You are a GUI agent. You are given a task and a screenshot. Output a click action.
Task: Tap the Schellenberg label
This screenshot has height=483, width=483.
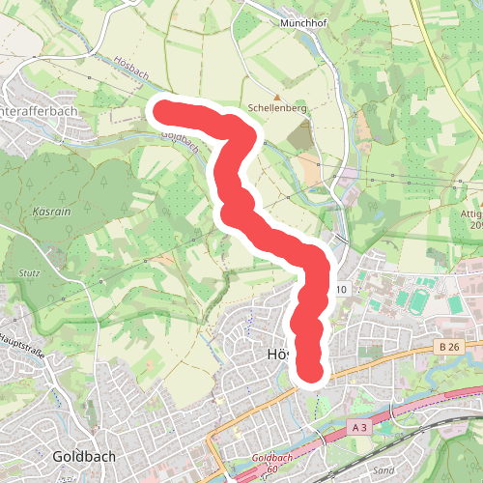pyautogui.click(x=277, y=109)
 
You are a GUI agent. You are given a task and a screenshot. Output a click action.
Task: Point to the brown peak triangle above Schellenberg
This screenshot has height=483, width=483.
pyautogui.click(x=277, y=97)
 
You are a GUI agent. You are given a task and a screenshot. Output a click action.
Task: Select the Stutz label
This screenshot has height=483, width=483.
pyautogui.click(x=29, y=273)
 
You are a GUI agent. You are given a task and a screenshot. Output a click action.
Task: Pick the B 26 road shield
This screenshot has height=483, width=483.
pyautogui.click(x=447, y=347)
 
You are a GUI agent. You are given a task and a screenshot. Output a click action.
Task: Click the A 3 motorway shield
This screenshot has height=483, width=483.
pyautogui.click(x=359, y=426)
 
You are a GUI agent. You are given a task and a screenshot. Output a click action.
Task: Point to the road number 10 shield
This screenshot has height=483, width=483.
pyautogui.click(x=342, y=289)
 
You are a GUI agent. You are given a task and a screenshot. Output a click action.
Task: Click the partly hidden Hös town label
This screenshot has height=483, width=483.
pyautogui.click(x=277, y=355)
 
